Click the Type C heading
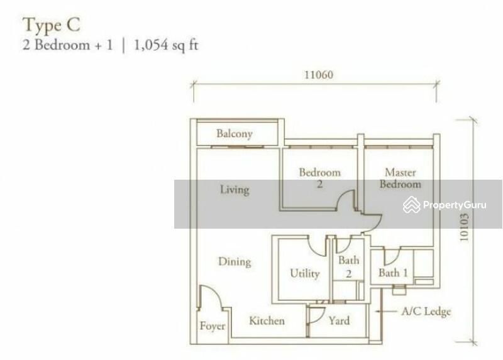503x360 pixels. pos(51,25)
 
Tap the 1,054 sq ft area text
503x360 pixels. pos(165,45)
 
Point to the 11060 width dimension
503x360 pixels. pos(319,75)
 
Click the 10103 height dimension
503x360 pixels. pos(464,227)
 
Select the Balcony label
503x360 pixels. pos(235,133)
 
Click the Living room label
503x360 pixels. pos(235,190)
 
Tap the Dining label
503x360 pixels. pos(235,261)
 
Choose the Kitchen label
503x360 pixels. pos(267,320)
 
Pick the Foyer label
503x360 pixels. pos(212,326)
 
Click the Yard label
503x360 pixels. pos(339,320)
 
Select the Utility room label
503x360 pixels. pos(305,273)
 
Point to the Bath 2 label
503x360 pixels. pos(349,266)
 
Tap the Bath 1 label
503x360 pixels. pos(393,273)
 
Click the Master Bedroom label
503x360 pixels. pos(401,178)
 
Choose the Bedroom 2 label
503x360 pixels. pos(320,178)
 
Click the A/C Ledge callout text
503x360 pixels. pos(426,311)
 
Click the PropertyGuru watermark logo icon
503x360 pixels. pos(412,205)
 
